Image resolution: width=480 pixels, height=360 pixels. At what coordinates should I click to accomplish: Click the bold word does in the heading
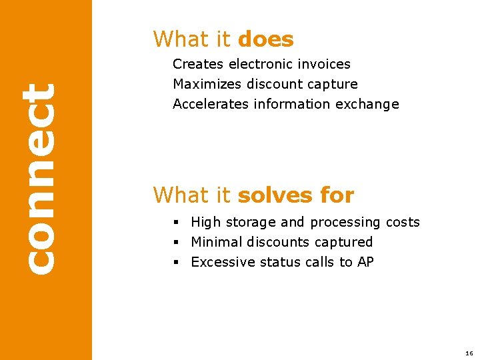click(265, 39)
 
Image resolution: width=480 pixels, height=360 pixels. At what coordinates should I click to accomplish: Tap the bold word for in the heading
click(337, 195)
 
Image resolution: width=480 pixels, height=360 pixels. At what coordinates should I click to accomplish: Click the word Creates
click(198, 65)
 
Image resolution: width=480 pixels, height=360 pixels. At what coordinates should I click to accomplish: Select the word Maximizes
click(207, 85)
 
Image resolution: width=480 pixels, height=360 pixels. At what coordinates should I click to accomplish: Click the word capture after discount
click(333, 85)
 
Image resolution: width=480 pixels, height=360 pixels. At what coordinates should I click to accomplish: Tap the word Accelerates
click(211, 105)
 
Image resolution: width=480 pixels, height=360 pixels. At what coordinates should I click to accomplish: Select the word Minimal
click(215, 243)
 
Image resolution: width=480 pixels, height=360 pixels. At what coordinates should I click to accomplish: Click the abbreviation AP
click(365, 263)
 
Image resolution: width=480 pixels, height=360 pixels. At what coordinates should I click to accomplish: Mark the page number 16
click(469, 353)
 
